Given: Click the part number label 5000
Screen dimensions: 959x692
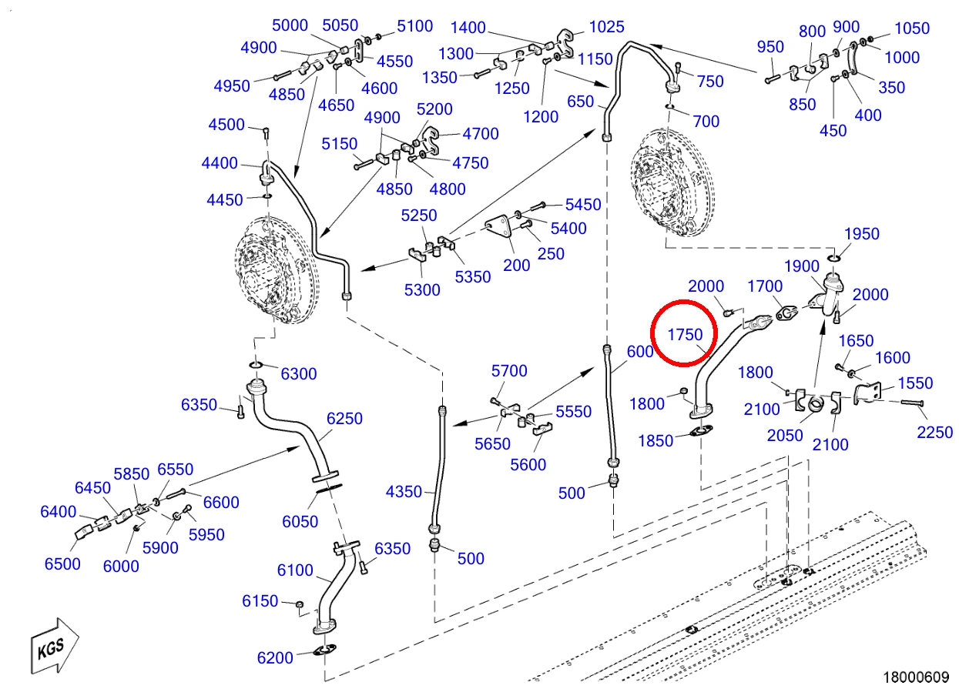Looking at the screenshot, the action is (x=290, y=25).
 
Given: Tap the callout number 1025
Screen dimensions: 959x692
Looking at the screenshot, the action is (x=606, y=27).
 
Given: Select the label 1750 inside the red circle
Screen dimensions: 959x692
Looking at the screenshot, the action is (x=685, y=334).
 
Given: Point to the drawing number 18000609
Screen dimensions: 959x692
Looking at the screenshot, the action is (x=916, y=677).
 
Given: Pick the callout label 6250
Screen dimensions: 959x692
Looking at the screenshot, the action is (x=344, y=418).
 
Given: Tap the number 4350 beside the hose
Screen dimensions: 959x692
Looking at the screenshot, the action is (x=404, y=492).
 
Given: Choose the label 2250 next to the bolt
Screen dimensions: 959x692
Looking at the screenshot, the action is (x=934, y=433).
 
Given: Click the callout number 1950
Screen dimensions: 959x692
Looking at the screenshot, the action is (x=861, y=234).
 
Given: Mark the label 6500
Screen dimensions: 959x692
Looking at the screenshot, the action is (x=62, y=563).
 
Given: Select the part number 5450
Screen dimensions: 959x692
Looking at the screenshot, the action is (x=583, y=205).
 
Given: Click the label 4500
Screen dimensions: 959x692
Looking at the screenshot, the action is (x=226, y=125).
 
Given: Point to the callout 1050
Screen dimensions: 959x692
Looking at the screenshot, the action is (x=912, y=28).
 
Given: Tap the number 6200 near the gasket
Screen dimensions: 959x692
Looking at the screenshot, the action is (x=275, y=658).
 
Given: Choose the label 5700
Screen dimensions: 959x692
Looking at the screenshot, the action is (x=509, y=370).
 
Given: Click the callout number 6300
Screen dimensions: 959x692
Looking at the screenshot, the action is (x=298, y=373).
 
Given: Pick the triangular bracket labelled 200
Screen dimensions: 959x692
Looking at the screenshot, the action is (x=498, y=228).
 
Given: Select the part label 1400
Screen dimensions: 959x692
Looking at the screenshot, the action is (x=468, y=28).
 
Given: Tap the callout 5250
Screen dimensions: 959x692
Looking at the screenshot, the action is (x=419, y=216).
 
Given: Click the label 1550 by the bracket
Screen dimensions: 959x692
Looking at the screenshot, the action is (x=915, y=383).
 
